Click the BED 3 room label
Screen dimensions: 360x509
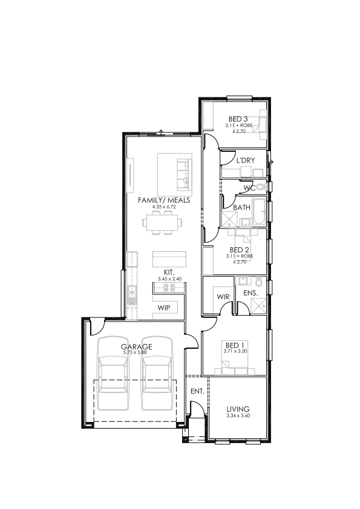(x=238, y=119)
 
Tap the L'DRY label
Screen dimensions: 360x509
(x=245, y=160)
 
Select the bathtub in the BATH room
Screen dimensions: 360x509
(x=259, y=211)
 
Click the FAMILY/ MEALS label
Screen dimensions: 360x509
(x=164, y=200)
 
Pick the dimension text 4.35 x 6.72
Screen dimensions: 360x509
(x=164, y=207)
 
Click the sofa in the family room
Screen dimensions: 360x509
(x=183, y=175)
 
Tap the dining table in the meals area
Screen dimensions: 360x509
(x=162, y=222)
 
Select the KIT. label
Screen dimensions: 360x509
(x=169, y=273)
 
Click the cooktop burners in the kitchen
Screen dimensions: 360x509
(x=169, y=287)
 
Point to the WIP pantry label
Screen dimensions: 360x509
(x=164, y=308)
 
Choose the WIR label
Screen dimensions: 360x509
(x=223, y=296)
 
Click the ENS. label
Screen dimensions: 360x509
(x=250, y=293)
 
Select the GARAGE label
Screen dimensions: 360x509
(x=137, y=347)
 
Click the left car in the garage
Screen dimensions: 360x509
(x=113, y=374)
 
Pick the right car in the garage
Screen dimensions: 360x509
(x=157, y=374)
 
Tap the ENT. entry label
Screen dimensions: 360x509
(x=197, y=391)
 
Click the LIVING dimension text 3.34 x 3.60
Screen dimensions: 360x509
(x=238, y=415)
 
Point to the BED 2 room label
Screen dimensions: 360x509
(x=239, y=250)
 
